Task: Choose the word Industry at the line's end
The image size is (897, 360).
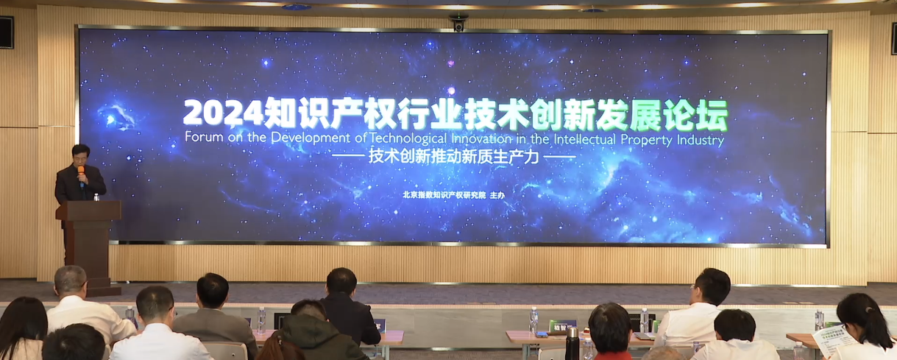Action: pos(701,138)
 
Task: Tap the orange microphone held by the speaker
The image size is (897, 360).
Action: pos(81,172)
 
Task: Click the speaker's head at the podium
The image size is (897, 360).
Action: pos(81,156)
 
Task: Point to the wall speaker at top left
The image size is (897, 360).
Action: pos(6,32)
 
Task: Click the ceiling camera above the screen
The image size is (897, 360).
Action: pos(458,22)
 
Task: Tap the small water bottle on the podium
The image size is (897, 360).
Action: pos(96,197)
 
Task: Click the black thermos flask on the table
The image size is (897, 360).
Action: pos(572,343)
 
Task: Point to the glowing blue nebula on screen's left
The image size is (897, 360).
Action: pos(118,116)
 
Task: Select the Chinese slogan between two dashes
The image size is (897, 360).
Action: pos(454,157)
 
